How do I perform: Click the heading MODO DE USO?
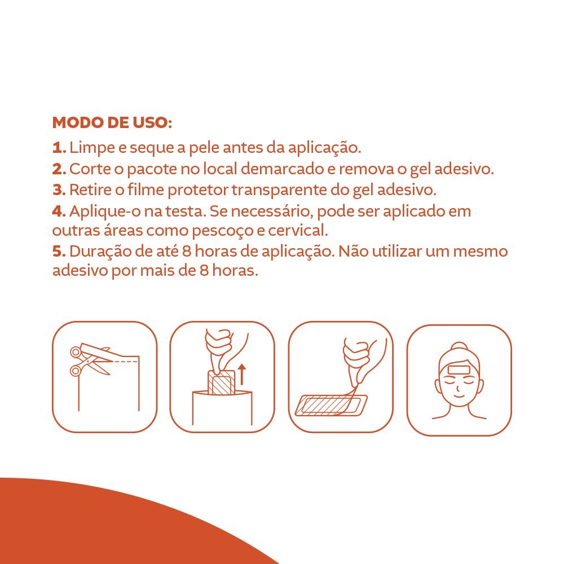(x=112, y=122)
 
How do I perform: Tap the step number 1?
(x=59, y=148)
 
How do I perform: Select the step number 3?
(x=59, y=190)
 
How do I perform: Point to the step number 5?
(x=59, y=252)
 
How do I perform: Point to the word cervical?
(x=298, y=231)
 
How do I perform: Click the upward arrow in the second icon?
(x=242, y=374)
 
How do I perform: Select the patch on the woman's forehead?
(x=459, y=370)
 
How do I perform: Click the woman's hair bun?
(x=459, y=347)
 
